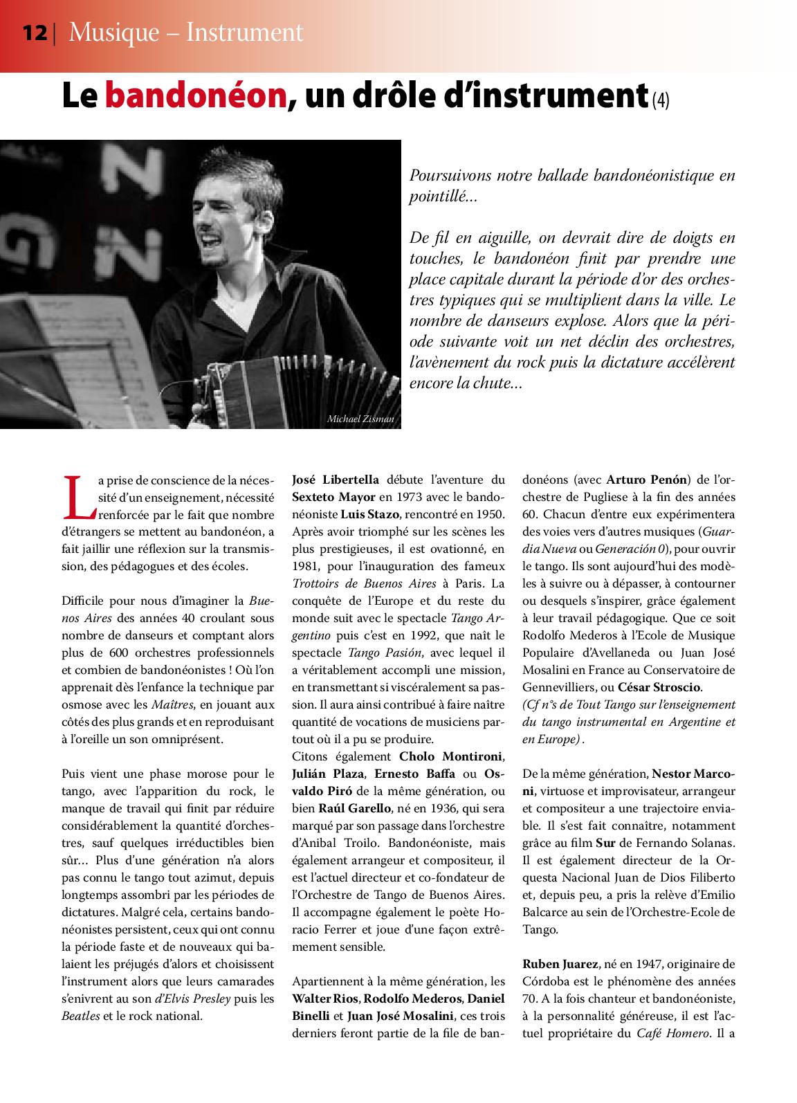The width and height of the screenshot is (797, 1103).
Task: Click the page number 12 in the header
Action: [34, 33]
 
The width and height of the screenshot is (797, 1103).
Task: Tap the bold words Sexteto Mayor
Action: [333, 497]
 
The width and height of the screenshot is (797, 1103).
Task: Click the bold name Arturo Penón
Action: [648, 480]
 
